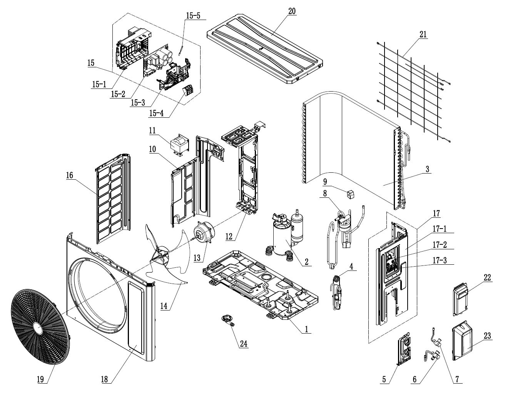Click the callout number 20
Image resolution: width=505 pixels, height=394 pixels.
pos(292,11)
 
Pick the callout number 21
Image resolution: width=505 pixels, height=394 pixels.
pos(423,35)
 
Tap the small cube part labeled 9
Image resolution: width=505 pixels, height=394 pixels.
pos(349,195)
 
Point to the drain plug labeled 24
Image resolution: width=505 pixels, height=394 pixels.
pos(227,319)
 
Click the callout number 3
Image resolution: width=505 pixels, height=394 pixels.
pos(428,169)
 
